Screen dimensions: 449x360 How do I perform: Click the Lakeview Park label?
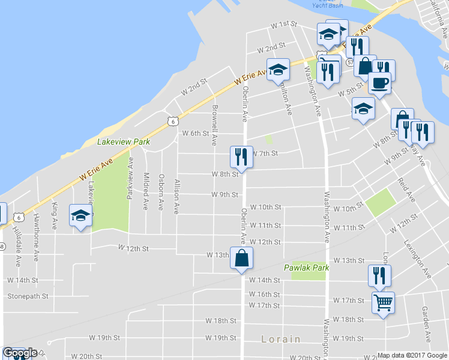coord(123,142)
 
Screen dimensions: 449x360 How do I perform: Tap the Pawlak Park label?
coord(306,268)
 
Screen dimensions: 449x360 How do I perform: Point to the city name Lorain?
coord(281,339)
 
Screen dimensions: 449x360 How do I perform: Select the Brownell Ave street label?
coord(214,125)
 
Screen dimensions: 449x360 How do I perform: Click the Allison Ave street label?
coord(176,196)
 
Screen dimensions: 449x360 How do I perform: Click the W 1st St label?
coord(284,25)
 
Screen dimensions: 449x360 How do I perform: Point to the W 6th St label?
coord(195,133)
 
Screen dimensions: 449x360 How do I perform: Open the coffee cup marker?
coord(379,83)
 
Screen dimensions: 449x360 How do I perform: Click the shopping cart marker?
coord(382,302)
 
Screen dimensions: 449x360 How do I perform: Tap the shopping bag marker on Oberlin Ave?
coord(241,258)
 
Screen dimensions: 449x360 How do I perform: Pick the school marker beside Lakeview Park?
coord(80,216)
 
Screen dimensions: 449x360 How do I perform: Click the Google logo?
coord(19,353)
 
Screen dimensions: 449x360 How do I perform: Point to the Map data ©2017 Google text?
coord(413,355)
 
